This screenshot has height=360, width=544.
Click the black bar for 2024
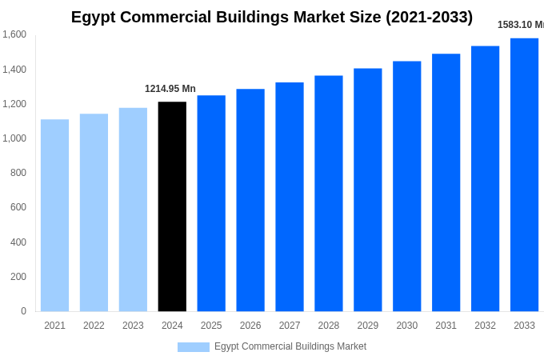(x=172, y=206)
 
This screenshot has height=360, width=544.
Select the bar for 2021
(x=54, y=215)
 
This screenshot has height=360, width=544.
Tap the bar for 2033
(x=524, y=174)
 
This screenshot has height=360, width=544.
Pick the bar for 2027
(x=290, y=197)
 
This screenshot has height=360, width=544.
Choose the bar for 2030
(x=406, y=186)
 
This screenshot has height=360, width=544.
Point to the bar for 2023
(x=133, y=210)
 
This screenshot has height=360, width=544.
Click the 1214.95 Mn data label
(x=170, y=89)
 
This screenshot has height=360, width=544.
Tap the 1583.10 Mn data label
(x=520, y=25)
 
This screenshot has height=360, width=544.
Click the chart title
(x=272, y=17)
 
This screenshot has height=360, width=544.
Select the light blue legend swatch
(x=194, y=347)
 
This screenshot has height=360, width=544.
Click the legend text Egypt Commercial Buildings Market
(x=290, y=346)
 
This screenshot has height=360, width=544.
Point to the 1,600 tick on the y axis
(x=14, y=34)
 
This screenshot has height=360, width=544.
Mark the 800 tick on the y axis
(x=18, y=173)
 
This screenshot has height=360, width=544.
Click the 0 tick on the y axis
(x=23, y=311)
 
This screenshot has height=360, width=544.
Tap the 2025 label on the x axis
(x=211, y=326)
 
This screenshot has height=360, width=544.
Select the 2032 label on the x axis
(x=485, y=326)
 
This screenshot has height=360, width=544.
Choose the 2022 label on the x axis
(x=94, y=326)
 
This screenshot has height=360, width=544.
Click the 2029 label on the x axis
(x=368, y=326)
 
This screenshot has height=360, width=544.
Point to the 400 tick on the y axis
(x=18, y=242)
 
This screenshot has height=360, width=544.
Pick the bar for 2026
(x=250, y=200)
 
